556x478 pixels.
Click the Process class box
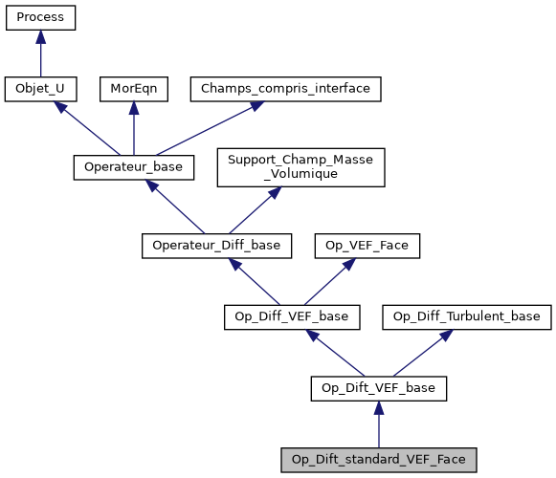pos(40,17)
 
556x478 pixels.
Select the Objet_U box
pos(40,89)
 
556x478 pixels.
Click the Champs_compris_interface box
pos(285,89)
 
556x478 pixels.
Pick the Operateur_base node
pos(134,166)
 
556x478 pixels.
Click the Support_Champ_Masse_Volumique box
pos(300,166)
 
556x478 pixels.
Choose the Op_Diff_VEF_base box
pos(292,315)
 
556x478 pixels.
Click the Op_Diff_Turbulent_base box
pos(467,315)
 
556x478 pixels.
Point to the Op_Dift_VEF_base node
pos(379,387)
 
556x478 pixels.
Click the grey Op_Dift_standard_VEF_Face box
pos(379,460)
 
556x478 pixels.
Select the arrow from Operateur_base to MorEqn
pos(133,128)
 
